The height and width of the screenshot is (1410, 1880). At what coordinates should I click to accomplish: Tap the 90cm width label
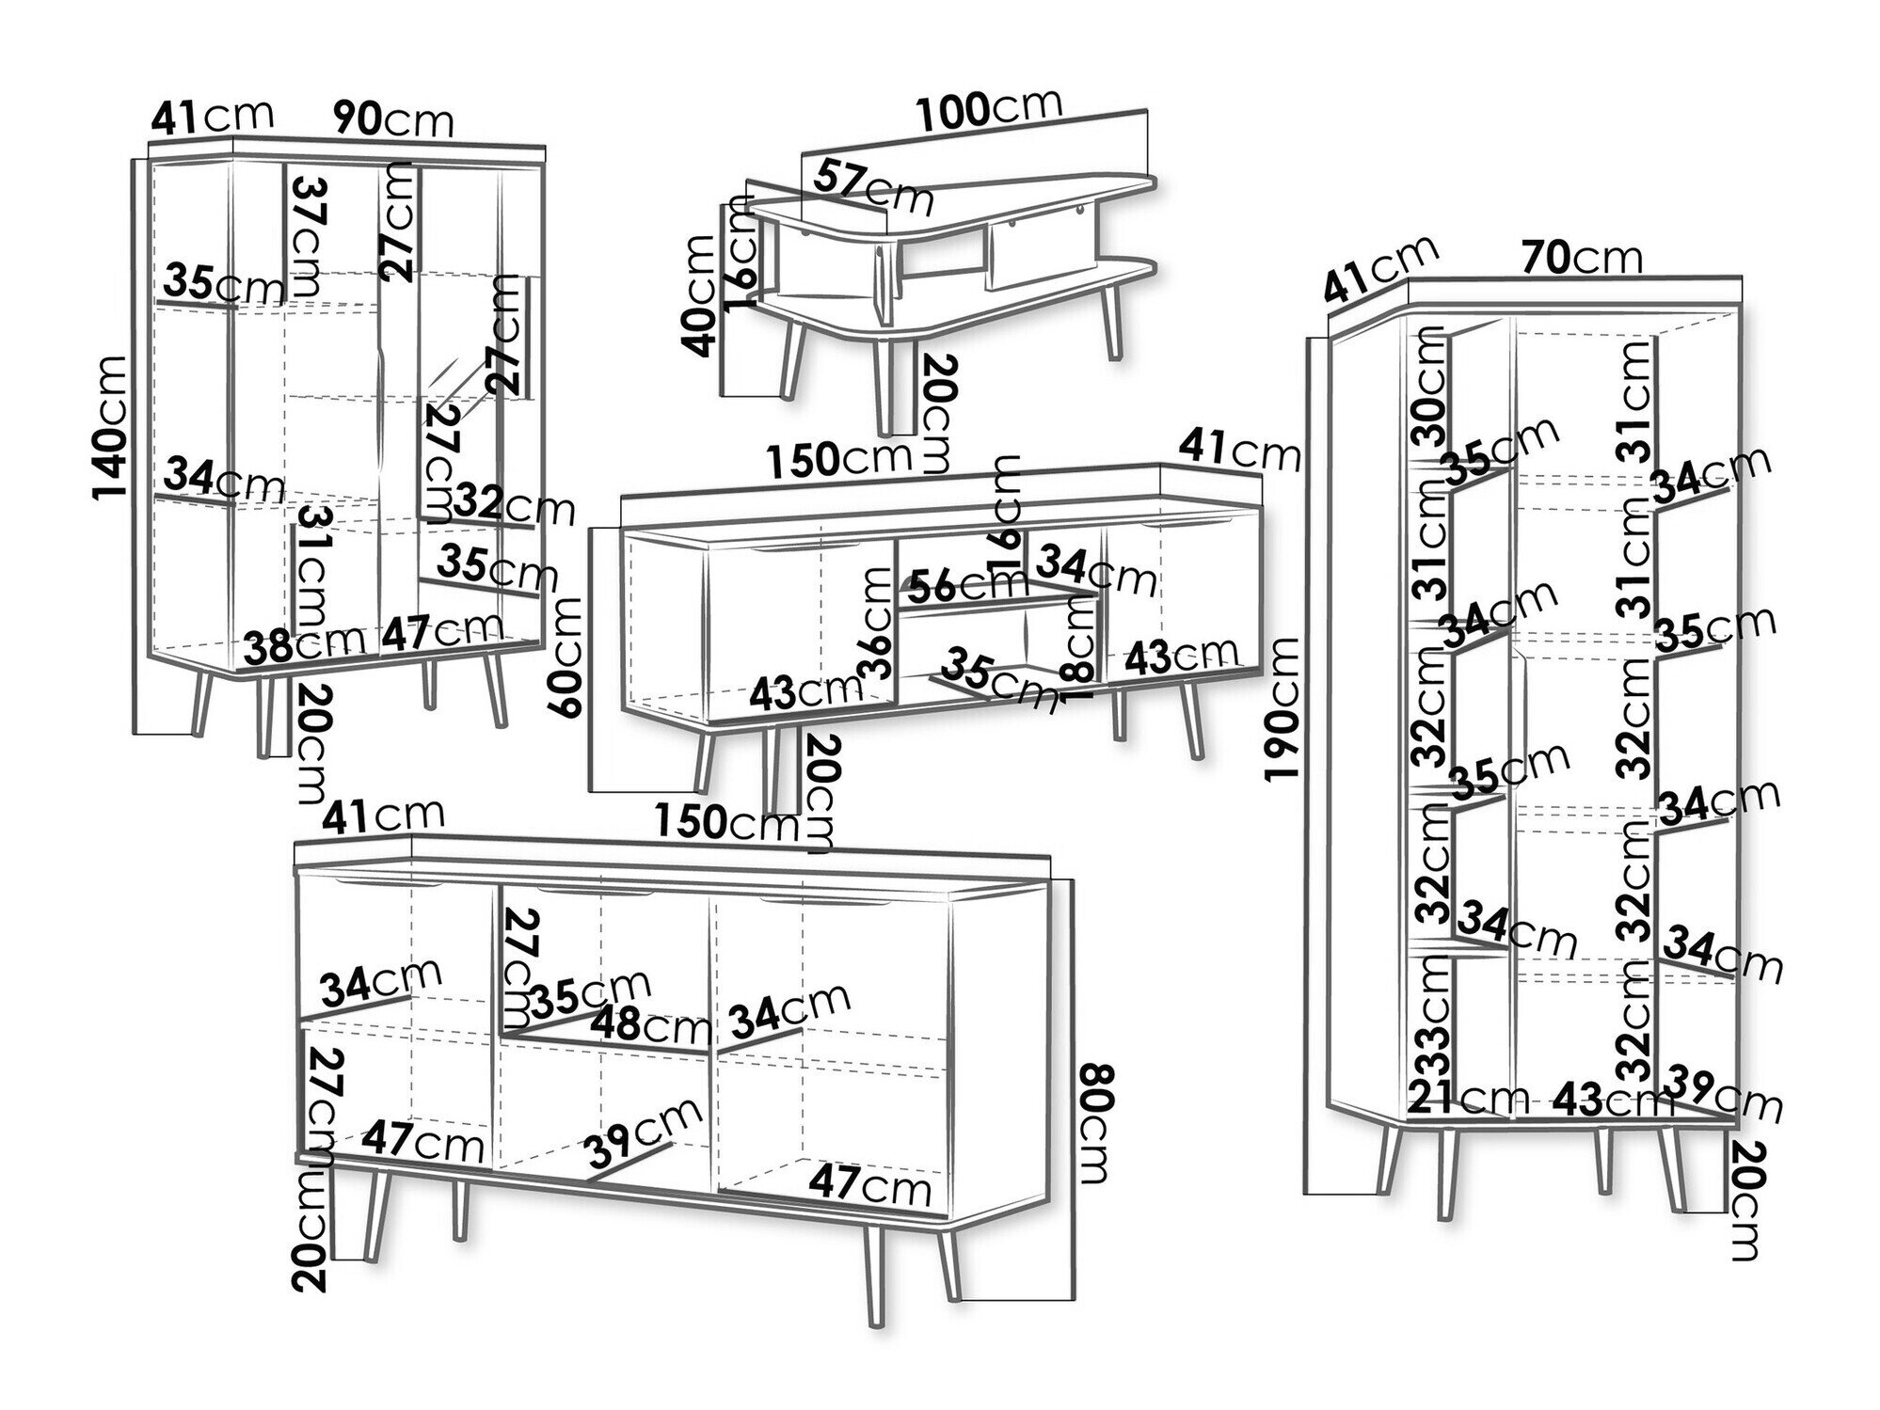tap(394, 119)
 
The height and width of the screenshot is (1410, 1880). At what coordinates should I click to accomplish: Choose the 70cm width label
tap(1582, 257)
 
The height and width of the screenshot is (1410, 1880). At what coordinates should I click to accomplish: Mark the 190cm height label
tap(1283, 708)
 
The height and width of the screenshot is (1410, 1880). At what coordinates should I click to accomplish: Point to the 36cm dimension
tap(877, 625)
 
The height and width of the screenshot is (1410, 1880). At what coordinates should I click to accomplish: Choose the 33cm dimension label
tap(1428, 1022)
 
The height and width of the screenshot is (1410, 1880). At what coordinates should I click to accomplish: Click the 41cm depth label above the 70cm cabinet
tap(1380, 269)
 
